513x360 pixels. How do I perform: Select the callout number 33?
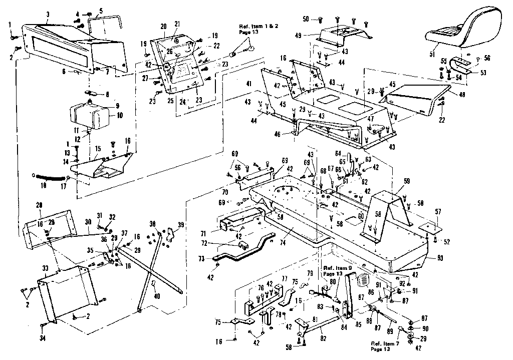[x=45, y=269]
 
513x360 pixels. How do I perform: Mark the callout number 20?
[x=164, y=26]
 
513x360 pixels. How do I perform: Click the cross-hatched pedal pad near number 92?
[x=365, y=279]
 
